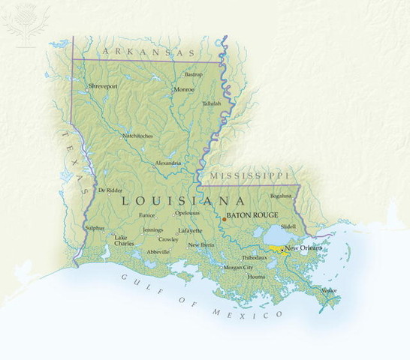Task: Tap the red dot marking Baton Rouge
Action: click(x=224, y=220)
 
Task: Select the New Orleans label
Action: click(x=303, y=247)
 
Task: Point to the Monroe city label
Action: click(x=184, y=89)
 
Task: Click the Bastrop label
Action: click(x=194, y=74)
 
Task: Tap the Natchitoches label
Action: click(x=137, y=136)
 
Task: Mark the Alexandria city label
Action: click(x=167, y=163)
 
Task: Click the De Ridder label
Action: click(x=109, y=190)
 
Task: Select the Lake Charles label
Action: click(x=125, y=241)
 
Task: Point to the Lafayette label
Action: click(x=190, y=231)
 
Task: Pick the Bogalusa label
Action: click(x=281, y=195)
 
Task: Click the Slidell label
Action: click(x=288, y=226)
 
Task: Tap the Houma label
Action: click(x=257, y=277)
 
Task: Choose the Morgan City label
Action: click(x=238, y=267)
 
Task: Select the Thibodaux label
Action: click(x=254, y=257)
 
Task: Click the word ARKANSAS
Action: click(x=147, y=52)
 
